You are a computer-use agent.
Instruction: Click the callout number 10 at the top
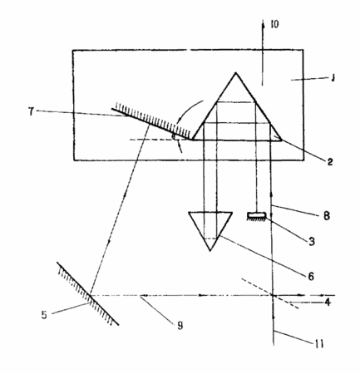(x=274, y=24)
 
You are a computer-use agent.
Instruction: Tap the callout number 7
(x=32, y=111)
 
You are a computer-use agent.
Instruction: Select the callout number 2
(x=329, y=161)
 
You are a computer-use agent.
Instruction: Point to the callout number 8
(x=327, y=215)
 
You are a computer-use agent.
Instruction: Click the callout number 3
(x=312, y=241)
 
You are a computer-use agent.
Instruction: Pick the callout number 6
(x=311, y=276)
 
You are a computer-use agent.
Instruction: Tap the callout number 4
(x=328, y=302)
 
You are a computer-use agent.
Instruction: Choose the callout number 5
(x=44, y=315)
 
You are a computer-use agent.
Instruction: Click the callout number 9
(x=180, y=326)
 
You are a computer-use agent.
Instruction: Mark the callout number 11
(x=319, y=344)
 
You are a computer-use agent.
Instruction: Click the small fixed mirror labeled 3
(x=257, y=215)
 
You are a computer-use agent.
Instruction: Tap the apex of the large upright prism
(x=235, y=72)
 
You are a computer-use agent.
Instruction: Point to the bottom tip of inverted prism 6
(x=210, y=251)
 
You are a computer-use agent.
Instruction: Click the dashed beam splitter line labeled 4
(x=270, y=293)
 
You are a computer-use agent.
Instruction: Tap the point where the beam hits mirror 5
(x=91, y=295)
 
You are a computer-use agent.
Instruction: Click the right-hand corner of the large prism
(x=282, y=140)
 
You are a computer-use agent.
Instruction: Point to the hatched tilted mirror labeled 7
(x=152, y=121)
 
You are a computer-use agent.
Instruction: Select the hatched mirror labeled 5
(x=88, y=293)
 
